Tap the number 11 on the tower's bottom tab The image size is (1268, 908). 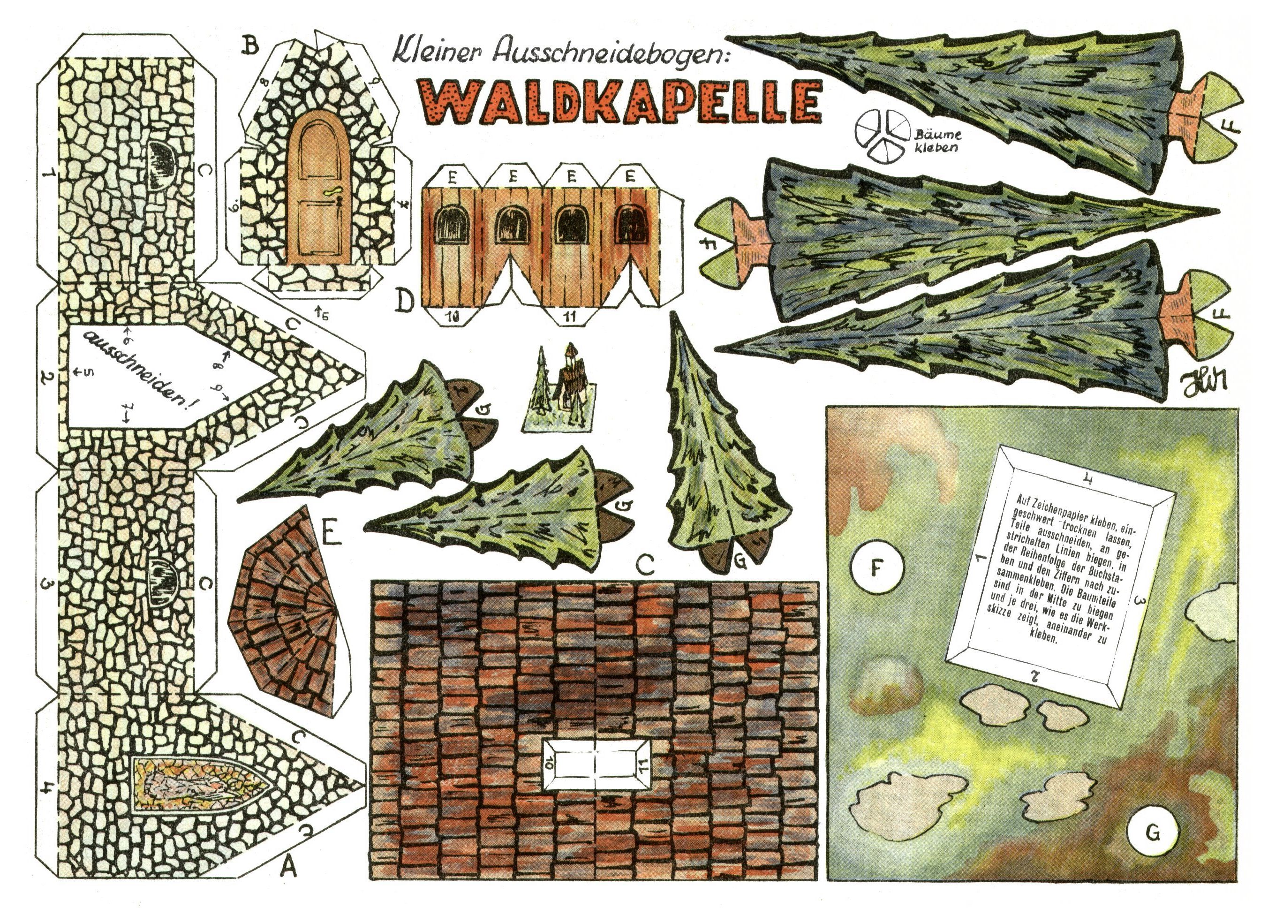point(570,317)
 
